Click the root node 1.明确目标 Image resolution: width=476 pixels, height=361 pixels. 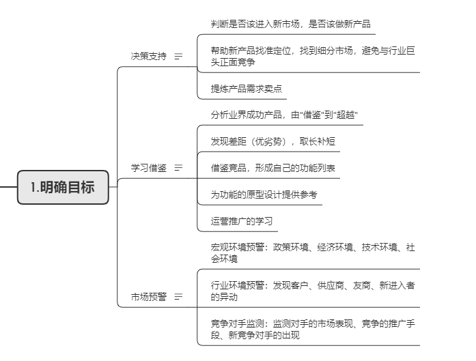[63, 187]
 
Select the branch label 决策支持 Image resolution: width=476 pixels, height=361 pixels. [148, 57]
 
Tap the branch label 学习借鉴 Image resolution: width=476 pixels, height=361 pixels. [148, 167]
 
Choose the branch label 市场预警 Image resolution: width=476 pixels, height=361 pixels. [148, 297]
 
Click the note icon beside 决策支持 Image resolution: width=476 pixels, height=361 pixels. [179, 57]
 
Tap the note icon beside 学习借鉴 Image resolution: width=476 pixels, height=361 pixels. [179, 167]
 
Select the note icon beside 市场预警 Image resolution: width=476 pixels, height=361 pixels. [179, 297]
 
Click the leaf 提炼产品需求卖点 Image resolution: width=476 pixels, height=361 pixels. [247, 89]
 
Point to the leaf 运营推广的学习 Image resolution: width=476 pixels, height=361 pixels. [242, 221]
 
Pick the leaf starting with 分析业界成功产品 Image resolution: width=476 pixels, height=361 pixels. [285, 115]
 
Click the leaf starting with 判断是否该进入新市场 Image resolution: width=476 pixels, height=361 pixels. [291, 24]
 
